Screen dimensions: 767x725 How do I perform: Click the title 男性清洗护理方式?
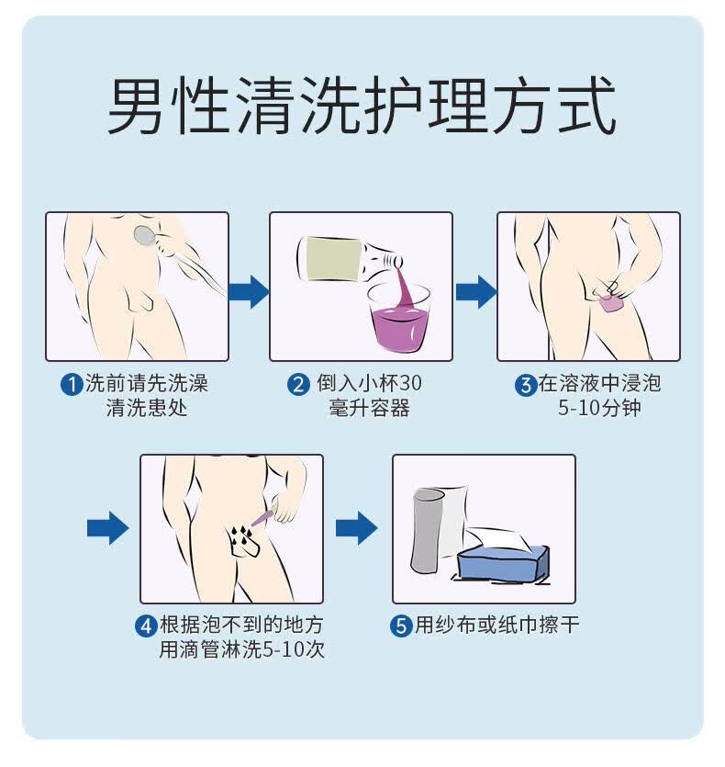[x=361, y=107]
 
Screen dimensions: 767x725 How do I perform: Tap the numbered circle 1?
[x=72, y=385]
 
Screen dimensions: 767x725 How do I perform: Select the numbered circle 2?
[x=298, y=385]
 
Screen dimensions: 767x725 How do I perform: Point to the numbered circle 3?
[x=525, y=385]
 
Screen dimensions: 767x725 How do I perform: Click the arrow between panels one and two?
[x=248, y=291]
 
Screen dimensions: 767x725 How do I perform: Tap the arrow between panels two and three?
[x=475, y=291]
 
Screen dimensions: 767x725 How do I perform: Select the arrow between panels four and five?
[x=356, y=528]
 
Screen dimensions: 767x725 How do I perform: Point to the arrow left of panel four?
[x=107, y=528]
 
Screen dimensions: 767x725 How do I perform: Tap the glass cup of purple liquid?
[x=399, y=317]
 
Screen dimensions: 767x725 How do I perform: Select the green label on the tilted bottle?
[x=329, y=259]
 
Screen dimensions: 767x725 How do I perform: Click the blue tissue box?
[x=503, y=562]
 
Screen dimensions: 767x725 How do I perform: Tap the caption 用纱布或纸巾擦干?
[x=496, y=626]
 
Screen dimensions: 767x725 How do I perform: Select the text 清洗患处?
[x=147, y=408]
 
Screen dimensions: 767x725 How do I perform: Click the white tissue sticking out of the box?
[x=496, y=538]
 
